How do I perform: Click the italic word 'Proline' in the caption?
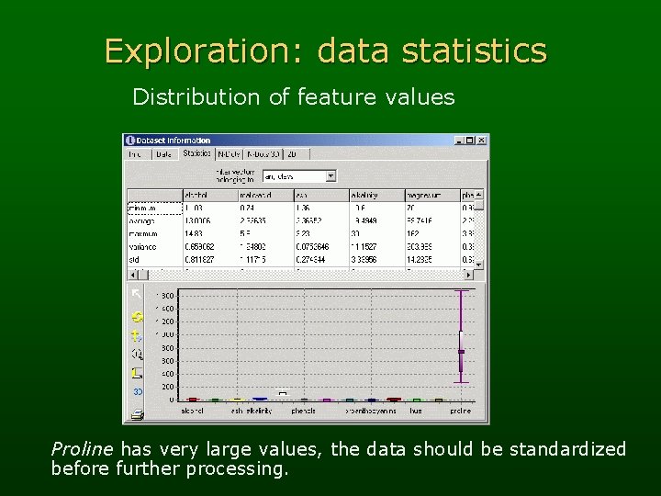(82, 449)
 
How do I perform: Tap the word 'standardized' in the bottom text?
(569, 449)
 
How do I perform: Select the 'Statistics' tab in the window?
(196, 154)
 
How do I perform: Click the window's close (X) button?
(481, 141)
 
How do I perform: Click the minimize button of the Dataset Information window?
(460, 141)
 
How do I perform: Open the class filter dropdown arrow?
(330, 175)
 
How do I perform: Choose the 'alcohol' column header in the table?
(196, 195)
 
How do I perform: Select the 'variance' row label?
(141, 246)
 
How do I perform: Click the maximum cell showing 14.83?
(194, 233)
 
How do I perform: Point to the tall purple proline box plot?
(462, 336)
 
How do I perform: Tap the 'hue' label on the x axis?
(416, 411)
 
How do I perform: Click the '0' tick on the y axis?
(170, 400)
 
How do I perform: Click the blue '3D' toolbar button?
(137, 391)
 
